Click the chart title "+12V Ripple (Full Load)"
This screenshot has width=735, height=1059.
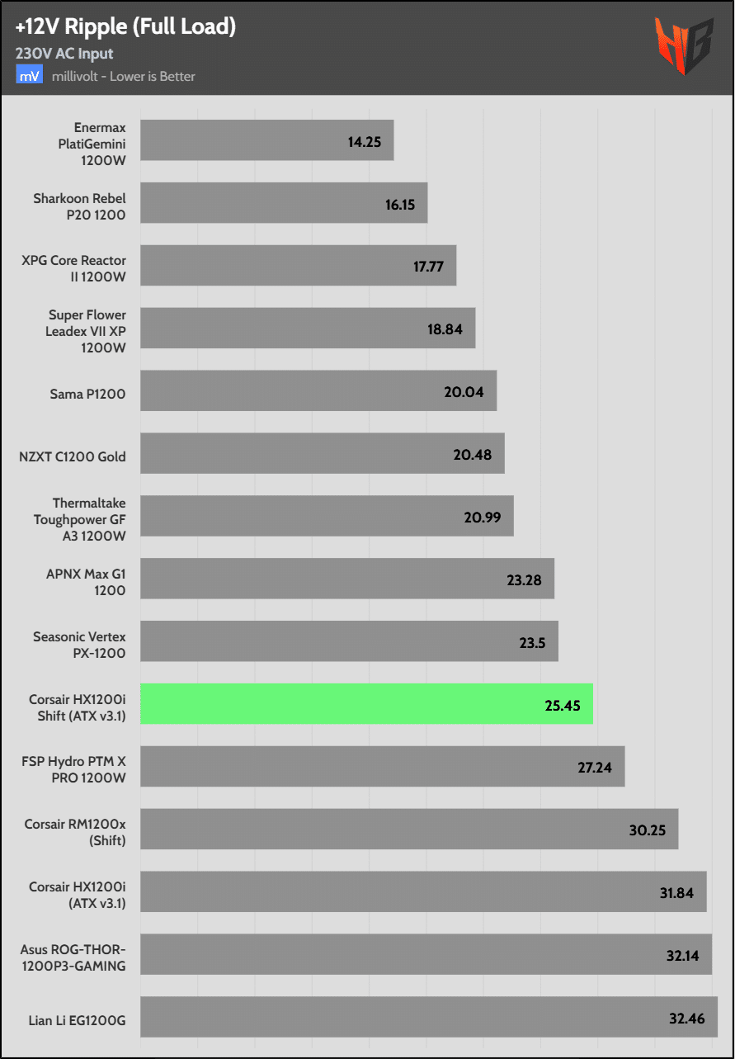125,27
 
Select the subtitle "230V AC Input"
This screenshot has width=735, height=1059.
64,54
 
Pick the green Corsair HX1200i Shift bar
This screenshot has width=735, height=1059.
366,704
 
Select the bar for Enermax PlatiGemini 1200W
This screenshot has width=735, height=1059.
266,140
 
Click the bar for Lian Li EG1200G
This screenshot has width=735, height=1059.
429,1017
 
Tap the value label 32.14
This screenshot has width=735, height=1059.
685,956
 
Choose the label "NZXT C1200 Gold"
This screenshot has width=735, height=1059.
73,456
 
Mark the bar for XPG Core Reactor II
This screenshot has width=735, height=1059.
298,266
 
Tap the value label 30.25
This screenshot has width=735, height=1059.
647,830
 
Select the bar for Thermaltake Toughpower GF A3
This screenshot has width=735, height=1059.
327,516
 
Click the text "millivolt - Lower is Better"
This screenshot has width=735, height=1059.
123,77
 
